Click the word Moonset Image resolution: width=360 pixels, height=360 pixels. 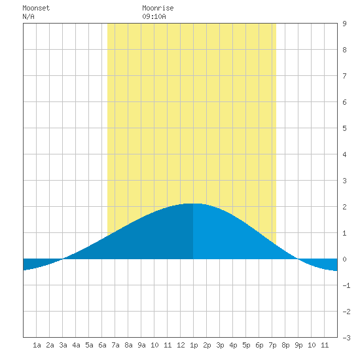pos(36,8)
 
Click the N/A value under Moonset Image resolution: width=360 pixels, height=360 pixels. pos(28,16)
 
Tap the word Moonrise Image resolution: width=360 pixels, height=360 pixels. pos(158,8)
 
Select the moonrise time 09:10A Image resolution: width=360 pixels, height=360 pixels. pos(154,16)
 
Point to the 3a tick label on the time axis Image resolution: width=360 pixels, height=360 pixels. pos(63,345)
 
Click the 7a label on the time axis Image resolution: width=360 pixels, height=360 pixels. pos(115,345)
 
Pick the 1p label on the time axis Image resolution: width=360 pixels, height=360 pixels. pos(194,345)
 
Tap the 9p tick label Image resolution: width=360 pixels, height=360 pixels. pos(298,345)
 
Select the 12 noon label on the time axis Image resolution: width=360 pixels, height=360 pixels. pos(181,345)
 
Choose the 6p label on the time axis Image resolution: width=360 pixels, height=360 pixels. pos(259,345)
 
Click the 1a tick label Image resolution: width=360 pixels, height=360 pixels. pos(37,345)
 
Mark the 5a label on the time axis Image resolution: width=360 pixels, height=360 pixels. pos(89,345)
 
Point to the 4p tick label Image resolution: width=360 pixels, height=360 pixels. pos(233,345)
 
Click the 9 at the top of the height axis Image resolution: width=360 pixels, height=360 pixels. pos(344,24)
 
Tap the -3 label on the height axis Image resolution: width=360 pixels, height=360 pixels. pos(346,338)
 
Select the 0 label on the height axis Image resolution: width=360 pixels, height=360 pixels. pos(344,259)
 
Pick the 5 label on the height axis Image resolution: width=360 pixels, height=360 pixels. pos(344,128)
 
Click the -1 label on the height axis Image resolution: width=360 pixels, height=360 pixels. pos(346,285)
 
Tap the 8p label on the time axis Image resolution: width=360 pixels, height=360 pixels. pos(285,345)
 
